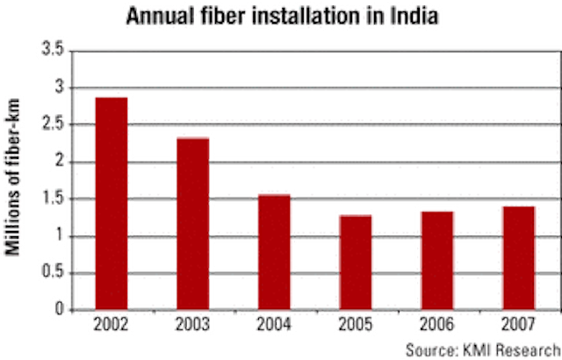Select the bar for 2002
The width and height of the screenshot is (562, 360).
point(112,204)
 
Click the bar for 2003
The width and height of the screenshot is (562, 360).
point(193,224)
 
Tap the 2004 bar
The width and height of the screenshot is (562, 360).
point(274,252)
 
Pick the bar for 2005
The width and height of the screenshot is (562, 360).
point(356,263)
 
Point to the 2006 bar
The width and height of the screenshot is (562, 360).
point(437,261)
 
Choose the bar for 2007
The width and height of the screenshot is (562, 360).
point(519,258)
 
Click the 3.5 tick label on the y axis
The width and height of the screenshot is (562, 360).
point(53,49)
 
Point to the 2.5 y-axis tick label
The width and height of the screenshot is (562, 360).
point(53,124)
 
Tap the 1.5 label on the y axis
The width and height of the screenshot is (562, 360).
point(53,198)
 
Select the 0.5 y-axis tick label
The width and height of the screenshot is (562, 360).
point(53,272)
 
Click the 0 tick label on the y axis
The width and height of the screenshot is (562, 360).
point(59,309)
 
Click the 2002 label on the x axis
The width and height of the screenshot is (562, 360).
point(111,325)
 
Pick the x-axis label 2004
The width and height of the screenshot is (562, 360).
point(274,325)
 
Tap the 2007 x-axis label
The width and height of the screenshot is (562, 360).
point(518,325)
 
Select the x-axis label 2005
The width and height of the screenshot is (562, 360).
point(356,325)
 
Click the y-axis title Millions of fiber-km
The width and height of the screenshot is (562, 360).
point(12,176)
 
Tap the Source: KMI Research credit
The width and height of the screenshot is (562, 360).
point(484,349)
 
